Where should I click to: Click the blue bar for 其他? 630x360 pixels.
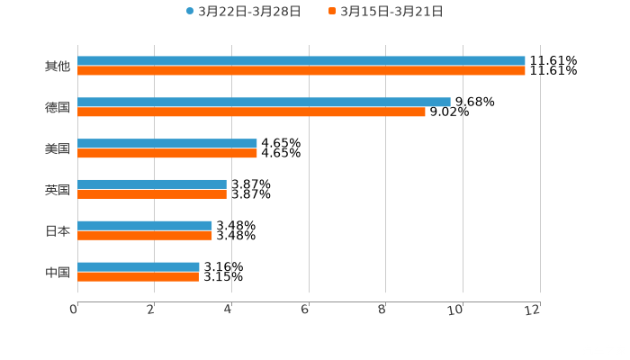tap(301, 61)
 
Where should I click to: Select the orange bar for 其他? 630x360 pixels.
tap(301, 70)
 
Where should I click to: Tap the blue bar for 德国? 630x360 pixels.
tap(264, 103)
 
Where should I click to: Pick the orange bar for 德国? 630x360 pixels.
tap(251, 112)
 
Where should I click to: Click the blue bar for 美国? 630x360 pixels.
tap(167, 144)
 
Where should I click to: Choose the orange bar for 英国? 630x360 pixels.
tap(152, 194)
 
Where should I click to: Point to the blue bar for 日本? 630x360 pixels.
tap(145, 226)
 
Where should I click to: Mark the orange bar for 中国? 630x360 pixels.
tap(138, 276)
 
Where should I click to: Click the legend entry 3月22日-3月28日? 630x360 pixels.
tap(244, 12)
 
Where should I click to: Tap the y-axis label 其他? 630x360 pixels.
tap(57, 66)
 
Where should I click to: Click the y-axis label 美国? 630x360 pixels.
tap(57, 148)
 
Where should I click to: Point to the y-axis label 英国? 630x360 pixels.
tap(57, 190)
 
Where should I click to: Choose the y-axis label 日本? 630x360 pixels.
tap(57, 230)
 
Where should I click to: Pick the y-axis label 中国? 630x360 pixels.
tap(57, 272)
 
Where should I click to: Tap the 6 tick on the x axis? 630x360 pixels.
tap(305, 309)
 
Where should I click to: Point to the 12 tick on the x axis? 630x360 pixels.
tap(535, 309)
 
